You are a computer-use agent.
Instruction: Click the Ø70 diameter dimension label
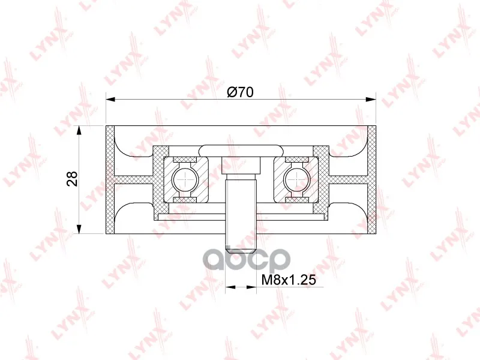(x=241, y=92)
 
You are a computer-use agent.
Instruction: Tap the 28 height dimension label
(x=73, y=179)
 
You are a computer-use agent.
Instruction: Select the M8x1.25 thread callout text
(x=289, y=280)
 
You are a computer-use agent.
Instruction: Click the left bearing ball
(x=185, y=179)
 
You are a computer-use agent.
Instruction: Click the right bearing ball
(x=296, y=179)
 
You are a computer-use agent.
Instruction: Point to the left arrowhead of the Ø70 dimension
(x=110, y=99)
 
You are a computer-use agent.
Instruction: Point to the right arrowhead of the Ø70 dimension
(x=371, y=99)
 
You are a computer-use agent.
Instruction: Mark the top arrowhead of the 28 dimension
(x=79, y=130)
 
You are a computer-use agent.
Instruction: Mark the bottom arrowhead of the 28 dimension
(x=79, y=229)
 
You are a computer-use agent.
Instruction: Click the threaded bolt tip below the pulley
(x=241, y=244)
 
